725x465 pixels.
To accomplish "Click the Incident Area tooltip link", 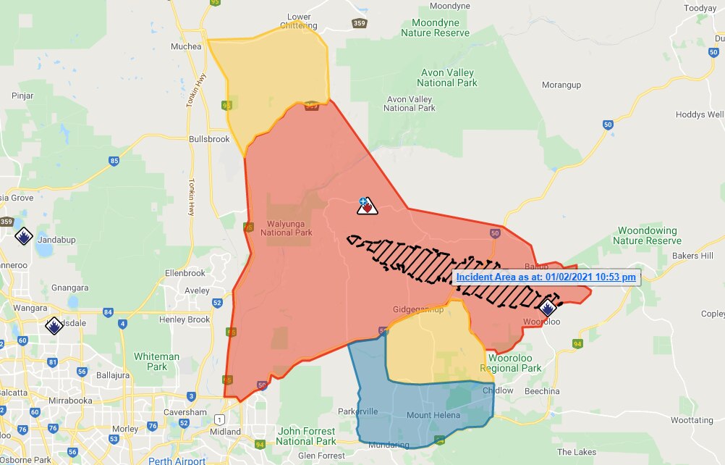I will [546, 277].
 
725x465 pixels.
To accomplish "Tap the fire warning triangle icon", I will [368, 206].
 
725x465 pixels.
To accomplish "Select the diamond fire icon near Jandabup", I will [23, 236].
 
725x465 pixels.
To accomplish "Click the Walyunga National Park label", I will [289, 228].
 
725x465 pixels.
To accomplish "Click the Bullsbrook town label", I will [208, 139].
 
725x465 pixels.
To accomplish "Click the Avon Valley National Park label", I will [449, 77].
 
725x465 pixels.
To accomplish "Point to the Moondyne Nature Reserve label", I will [435, 28].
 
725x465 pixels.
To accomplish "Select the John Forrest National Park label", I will [306, 436].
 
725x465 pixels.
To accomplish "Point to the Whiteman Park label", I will [156, 361].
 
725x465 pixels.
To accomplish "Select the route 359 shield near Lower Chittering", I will [360, 23].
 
